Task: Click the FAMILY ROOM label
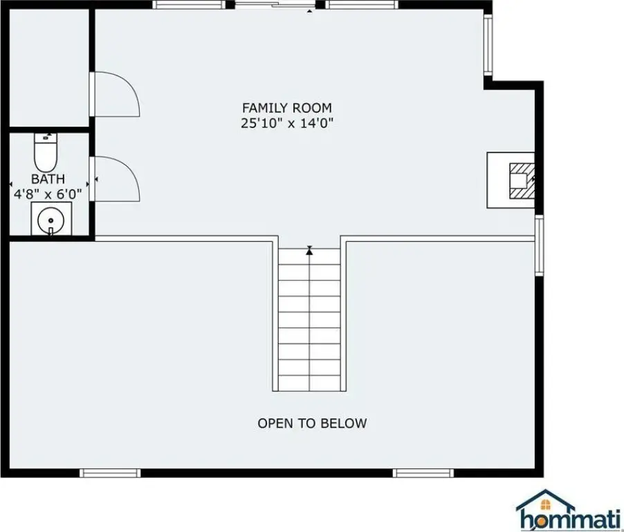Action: [x=286, y=108]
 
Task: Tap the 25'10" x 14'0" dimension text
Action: [x=286, y=123]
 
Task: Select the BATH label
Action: [x=48, y=179]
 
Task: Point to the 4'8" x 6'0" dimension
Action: [x=48, y=194]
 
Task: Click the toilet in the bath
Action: [x=46, y=152]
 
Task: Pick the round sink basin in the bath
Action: [x=51, y=220]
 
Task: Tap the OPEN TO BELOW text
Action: [x=312, y=423]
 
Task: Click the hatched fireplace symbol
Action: [x=522, y=181]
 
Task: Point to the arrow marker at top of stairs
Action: [x=309, y=251]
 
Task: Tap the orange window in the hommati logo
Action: [x=546, y=505]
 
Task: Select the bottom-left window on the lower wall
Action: [x=110, y=473]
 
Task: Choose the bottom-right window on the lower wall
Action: [x=423, y=473]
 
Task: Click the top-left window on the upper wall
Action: [x=189, y=5]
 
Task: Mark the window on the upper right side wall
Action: [x=488, y=44]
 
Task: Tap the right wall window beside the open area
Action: [x=539, y=245]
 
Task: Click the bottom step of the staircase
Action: [x=309, y=383]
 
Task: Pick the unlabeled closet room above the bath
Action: [x=49, y=67]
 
